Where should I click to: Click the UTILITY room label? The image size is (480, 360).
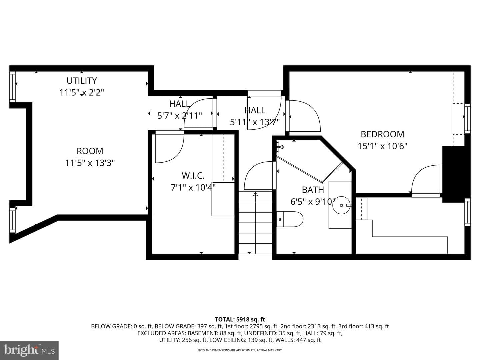point(82,81)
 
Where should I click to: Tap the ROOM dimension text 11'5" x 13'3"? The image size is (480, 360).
point(90,163)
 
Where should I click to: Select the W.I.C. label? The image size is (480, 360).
point(193,176)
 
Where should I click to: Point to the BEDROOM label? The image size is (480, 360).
point(382,134)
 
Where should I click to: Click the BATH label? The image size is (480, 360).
point(313,190)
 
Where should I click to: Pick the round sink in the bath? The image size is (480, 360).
point(341,205)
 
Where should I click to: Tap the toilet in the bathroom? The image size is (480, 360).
point(290,219)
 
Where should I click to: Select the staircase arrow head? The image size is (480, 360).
point(255,194)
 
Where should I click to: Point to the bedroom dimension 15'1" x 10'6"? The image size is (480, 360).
point(382,146)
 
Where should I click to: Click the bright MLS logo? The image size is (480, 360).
point(29,350)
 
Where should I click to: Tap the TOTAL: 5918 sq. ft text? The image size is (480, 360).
point(240,319)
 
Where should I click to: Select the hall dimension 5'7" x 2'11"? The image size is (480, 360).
point(180,116)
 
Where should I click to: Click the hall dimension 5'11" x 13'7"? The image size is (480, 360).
point(255,122)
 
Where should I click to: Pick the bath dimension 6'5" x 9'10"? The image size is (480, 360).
point(313,202)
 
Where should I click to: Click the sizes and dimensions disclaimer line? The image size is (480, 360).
point(240,350)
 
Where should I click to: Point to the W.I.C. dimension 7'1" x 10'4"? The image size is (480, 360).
point(193,187)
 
